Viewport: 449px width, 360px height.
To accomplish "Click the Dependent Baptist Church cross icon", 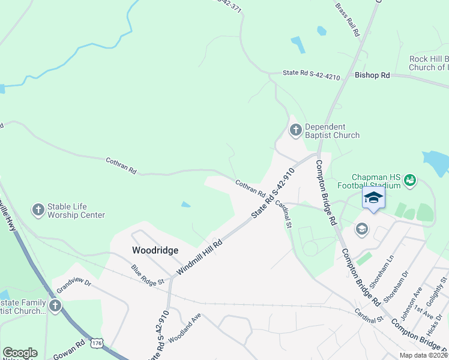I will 295,130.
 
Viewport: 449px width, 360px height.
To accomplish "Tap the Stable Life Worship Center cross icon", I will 38,209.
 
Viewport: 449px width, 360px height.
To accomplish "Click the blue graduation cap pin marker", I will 373,198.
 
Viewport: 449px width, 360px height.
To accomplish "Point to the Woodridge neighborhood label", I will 155,250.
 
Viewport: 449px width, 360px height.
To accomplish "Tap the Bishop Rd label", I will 372,76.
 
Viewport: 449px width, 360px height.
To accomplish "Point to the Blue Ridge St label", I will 148,275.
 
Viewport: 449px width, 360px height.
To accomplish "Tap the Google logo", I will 20,353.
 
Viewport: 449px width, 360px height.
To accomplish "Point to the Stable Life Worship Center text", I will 76,211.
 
